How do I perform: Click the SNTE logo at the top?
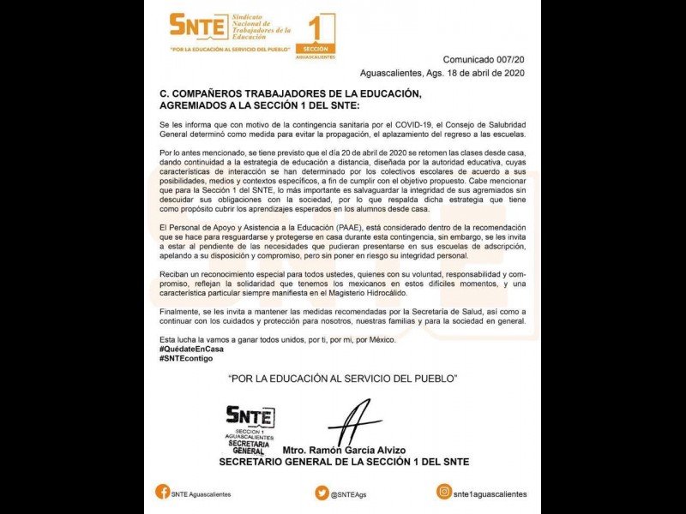pos(197,25)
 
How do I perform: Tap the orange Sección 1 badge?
pos(314,37)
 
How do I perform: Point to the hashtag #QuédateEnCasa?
pos(191,349)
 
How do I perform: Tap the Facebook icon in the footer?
pos(162,492)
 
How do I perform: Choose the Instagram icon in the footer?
pos(444,492)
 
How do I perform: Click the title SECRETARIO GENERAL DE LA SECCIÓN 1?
pos(344,463)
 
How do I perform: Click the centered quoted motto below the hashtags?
pos(343,378)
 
